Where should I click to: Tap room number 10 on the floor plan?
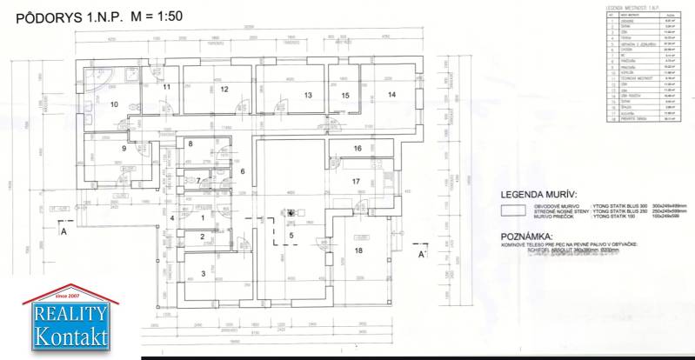pos(114,103)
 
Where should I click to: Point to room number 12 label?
pos(224,89)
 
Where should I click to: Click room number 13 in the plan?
pos(307,95)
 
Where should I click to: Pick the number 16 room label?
pos(357,149)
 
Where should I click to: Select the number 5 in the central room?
pos(292,234)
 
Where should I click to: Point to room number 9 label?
pos(124,149)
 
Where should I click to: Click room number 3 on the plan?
pos(203,274)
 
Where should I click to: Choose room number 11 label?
pos(165,88)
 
